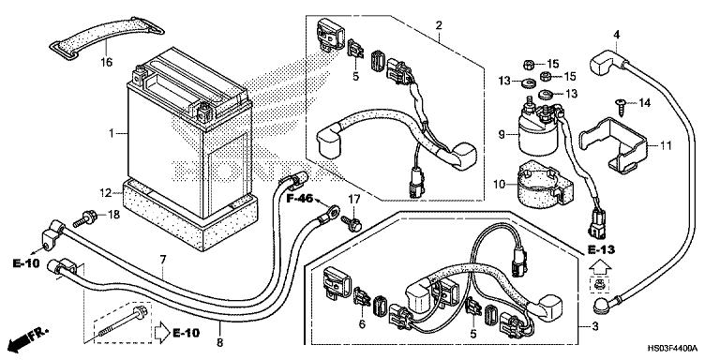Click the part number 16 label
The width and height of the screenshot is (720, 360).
(x=106, y=62)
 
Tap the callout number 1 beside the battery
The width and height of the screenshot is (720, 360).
(x=112, y=134)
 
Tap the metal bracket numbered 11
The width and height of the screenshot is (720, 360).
(x=612, y=145)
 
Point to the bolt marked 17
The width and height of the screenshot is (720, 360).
(x=352, y=224)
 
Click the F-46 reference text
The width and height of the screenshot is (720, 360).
(x=300, y=199)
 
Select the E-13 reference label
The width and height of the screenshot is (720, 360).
(x=601, y=250)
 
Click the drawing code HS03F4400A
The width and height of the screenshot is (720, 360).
(x=672, y=348)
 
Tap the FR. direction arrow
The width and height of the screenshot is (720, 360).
(x=28, y=337)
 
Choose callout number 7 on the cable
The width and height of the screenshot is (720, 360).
(x=163, y=261)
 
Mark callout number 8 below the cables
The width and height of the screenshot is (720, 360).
(x=219, y=342)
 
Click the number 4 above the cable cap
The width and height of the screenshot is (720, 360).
(x=617, y=34)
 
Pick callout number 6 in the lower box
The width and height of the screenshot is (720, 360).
(x=362, y=324)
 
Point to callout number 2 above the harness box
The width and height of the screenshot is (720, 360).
(x=439, y=24)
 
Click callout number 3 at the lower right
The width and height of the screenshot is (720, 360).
(x=595, y=327)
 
